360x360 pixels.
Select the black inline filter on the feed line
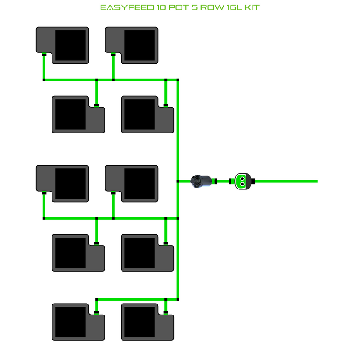pyautogui.click(x=202, y=180)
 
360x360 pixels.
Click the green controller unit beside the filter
pyautogui.click(x=242, y=181)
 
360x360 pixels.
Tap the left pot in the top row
pyautogui.click(x=63, y=45)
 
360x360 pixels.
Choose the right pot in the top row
pyautogui.click(x=132, y=45)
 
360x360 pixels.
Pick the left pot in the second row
pyautogui.click(x=78, y=114)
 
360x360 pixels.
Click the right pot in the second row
pyautogui.click(x=147, y=114)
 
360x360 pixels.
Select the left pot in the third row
pyautogui.click(x=63, y=183)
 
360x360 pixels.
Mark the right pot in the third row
pyautogui.click(x=132, y=183)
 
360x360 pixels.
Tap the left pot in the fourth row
pyautogui.click(x=78, y=252)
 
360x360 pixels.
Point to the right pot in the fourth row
pyautogui.click(x=147, y=252)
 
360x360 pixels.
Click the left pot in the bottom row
pyautogui.click(x=78, y=322)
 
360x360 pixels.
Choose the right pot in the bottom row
pyautogui.click(x=147, y=322)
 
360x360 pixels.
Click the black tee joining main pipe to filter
pyautogui.click(x=178, y=181)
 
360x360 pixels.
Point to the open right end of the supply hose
pyautogui.click(x=316, y=181)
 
